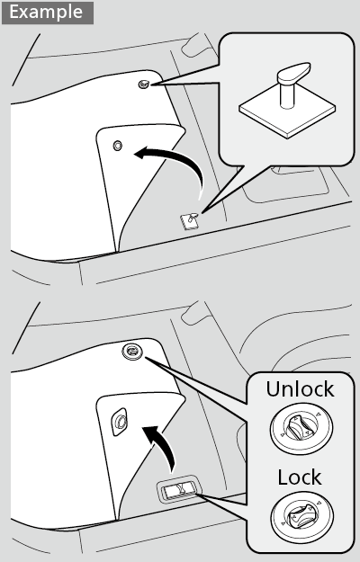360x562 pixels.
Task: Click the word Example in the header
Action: tap(46, 13)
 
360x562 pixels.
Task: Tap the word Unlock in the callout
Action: tap(299, 390)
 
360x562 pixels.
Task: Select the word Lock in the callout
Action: tap(300, 476)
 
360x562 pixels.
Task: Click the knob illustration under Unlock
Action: tap(299, 430)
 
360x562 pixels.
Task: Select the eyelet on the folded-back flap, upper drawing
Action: tap(116, 146)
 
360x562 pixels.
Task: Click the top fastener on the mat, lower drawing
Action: tap(131, 351)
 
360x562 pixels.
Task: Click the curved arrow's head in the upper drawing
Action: tap(138, 155)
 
